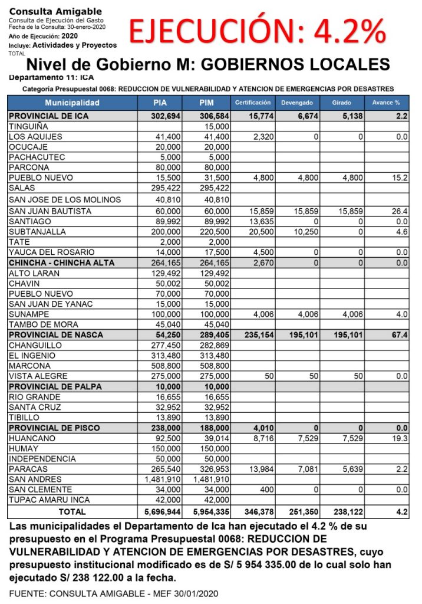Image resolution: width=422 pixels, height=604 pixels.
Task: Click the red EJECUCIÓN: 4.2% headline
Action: coord(257,31)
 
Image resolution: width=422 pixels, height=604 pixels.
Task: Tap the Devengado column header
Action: coord(297,103)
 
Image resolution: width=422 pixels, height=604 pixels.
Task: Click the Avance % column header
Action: coord(386,103)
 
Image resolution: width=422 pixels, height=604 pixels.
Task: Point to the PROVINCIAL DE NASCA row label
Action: coord(56,334)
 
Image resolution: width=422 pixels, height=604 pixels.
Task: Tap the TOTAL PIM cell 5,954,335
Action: coord(207,511)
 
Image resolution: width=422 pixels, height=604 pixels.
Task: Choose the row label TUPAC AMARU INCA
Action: coord(49,500)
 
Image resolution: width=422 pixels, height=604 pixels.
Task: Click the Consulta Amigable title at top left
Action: coord(55,11)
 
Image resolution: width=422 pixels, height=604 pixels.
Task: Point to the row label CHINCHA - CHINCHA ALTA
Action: coord(62,262)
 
